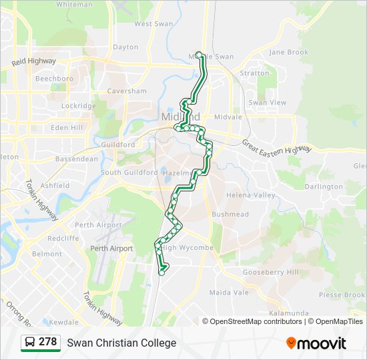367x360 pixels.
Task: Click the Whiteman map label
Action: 74,4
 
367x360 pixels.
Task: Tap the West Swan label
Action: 153,24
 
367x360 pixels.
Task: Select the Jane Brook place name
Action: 288,52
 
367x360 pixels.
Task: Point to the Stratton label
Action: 254,73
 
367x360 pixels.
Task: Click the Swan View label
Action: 267,103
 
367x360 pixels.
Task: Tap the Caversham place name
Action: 126,91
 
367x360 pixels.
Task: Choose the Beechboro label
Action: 54,79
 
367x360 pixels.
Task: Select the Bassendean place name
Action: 76,159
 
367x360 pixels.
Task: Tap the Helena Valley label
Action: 250,195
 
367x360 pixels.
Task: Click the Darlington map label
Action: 323,187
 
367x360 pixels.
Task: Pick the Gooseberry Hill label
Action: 270,272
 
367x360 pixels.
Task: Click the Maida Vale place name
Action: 229,293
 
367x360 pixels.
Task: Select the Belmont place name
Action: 47,254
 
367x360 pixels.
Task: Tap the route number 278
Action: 47,342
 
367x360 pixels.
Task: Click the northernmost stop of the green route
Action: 199,55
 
